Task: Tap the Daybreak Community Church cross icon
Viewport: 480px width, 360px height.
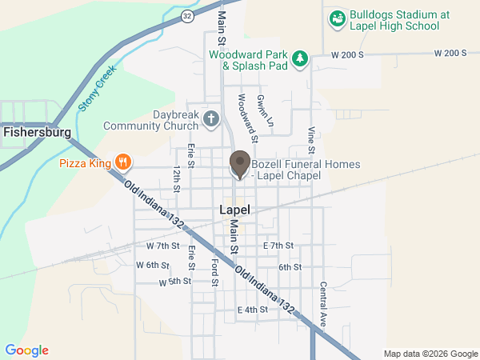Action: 211,120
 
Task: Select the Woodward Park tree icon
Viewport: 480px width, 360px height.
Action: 299,58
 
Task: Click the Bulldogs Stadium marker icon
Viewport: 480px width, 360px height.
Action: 337,18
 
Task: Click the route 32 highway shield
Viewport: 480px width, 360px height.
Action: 186,15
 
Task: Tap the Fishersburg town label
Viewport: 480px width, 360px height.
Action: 37,131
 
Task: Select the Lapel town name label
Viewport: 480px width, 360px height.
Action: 234,210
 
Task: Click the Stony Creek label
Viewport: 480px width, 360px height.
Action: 98,87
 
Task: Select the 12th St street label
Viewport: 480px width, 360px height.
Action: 176,182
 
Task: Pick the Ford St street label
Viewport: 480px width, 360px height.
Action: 214,272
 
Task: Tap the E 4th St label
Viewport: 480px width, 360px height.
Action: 252,310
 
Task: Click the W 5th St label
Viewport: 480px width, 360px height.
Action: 174,282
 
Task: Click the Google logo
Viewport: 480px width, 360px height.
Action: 27,350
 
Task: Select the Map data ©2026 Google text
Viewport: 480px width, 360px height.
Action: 429,354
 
